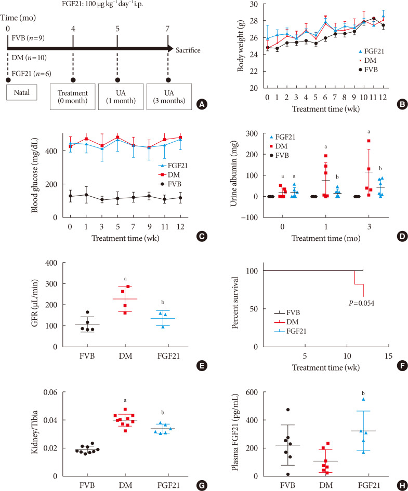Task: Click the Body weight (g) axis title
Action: click(x=241, y=46)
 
